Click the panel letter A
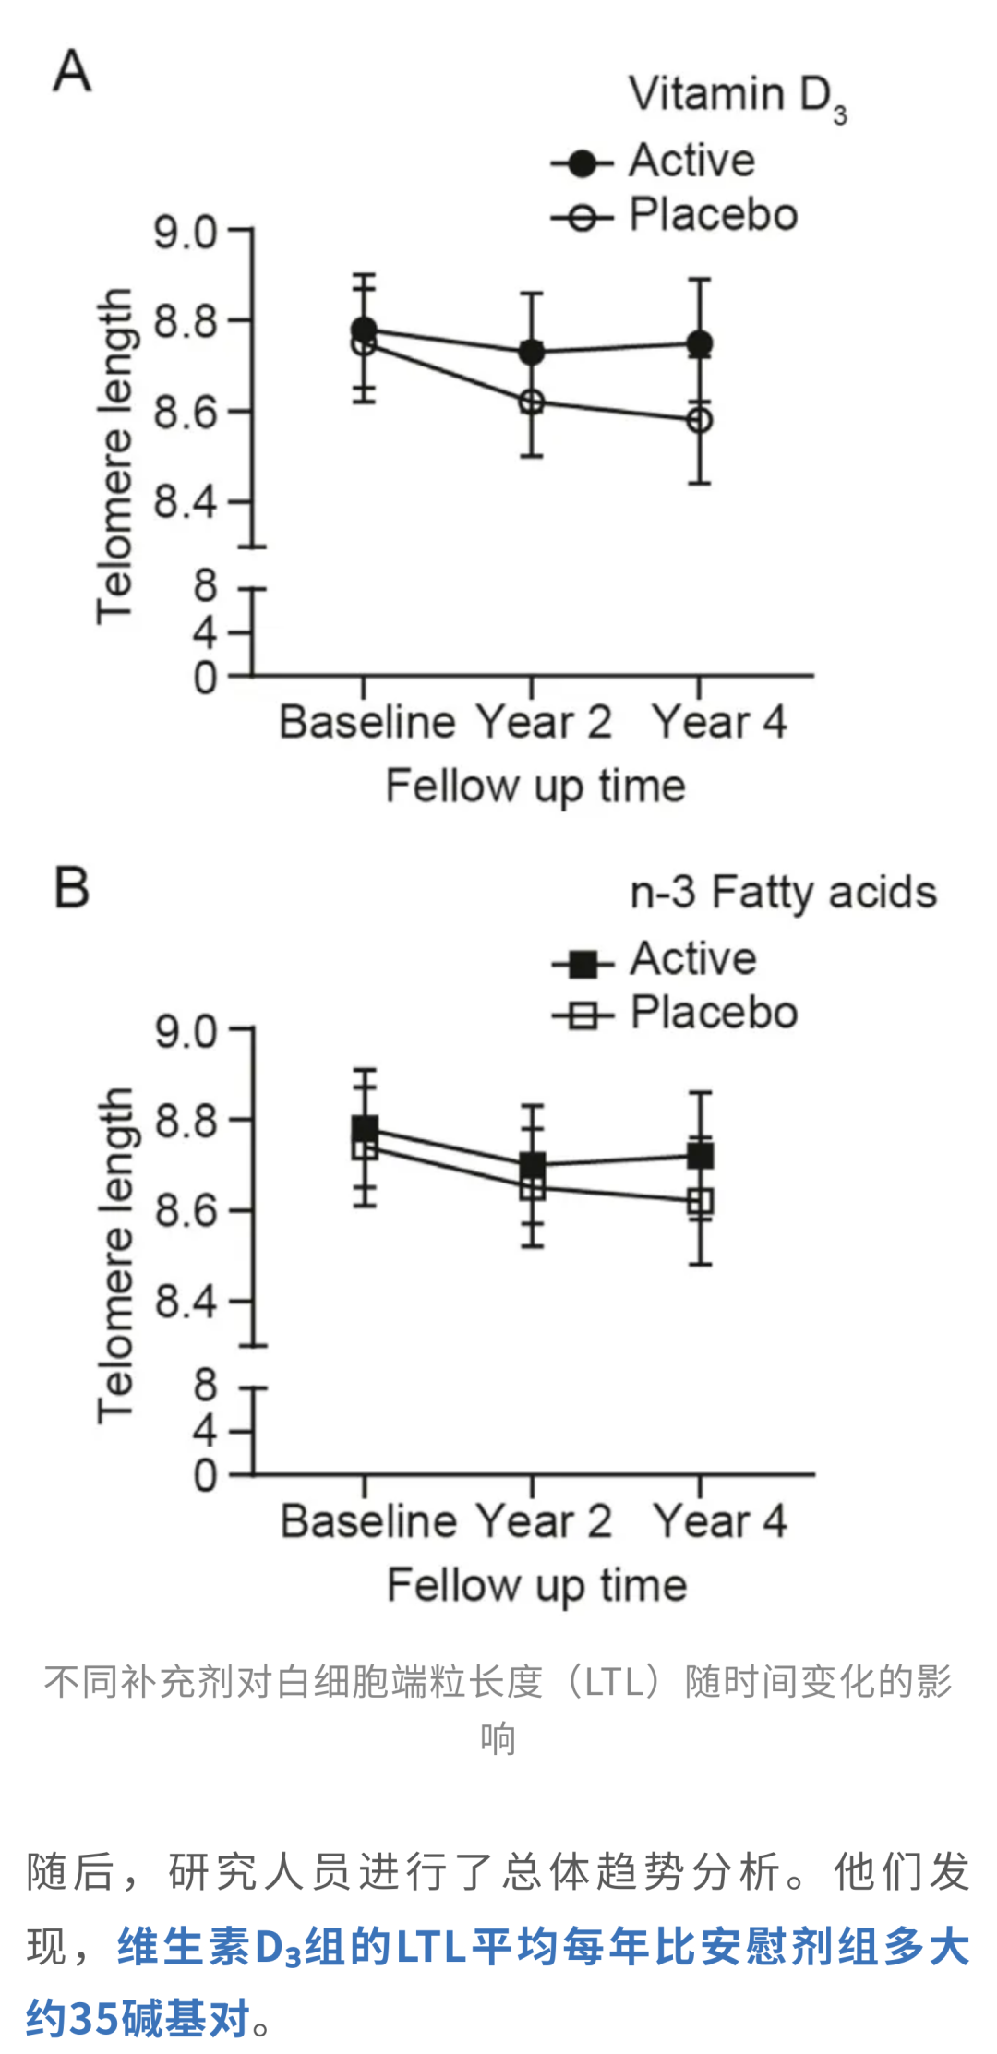72,71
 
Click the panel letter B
72,887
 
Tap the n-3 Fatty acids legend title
783,893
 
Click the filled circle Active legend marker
582,164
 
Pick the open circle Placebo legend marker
582,219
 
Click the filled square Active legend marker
583,964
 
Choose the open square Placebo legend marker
583,1017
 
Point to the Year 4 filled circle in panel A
700,344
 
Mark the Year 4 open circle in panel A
700,421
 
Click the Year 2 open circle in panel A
531,402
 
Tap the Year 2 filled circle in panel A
531,352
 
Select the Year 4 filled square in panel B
701,1156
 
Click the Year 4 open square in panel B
701,1202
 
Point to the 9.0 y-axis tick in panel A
185,232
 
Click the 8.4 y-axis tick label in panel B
186,1302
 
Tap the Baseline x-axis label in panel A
366,722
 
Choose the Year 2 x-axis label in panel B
543,1520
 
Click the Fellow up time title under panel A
535,787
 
